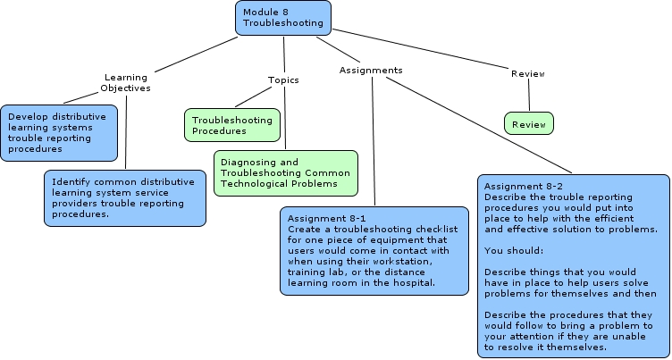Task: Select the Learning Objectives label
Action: pyautogui.click(x=126, y=82)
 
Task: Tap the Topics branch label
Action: pyautogui.click(x=283, y=80)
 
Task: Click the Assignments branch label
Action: pyautogui.click(x=371, y=70)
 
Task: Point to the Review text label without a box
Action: pyautogui.click(x=528, y=73)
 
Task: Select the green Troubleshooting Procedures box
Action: pyautogui.click(x=231, y=125)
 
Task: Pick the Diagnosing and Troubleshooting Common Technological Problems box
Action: pyautogui.click(x=285, y=172)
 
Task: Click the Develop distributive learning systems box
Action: pyautogui.click(x=58, y=132)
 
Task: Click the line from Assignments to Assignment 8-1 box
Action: pyautogui.click(x=374, y=143)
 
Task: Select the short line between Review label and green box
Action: pyautogui.click(x=529, y=95)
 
